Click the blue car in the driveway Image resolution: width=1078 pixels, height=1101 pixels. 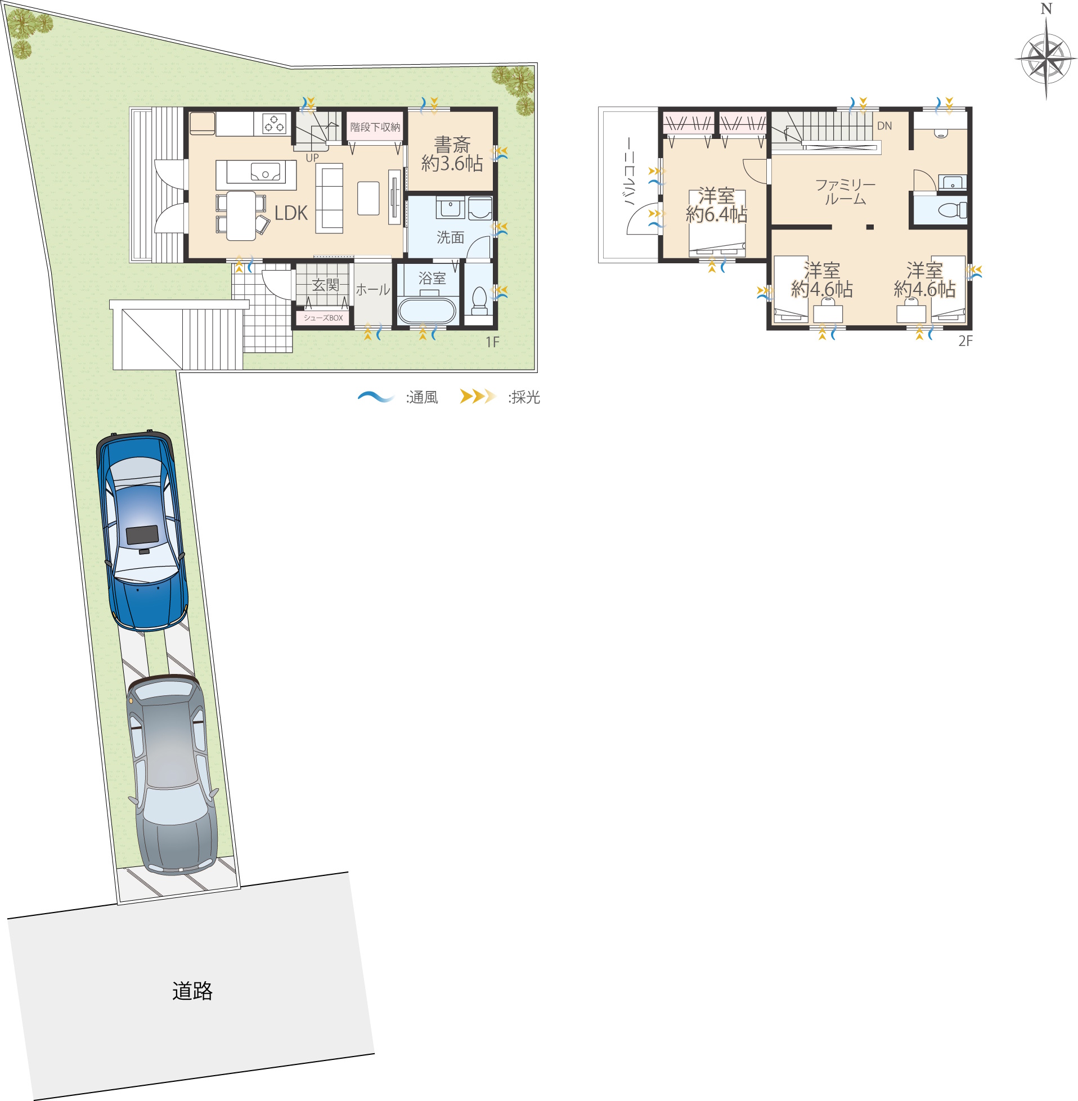click(142, 532)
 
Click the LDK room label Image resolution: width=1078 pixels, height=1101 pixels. click(291, 213)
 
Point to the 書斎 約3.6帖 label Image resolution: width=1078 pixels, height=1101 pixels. click(452, 154)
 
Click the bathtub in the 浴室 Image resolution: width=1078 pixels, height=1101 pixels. click(426, 310)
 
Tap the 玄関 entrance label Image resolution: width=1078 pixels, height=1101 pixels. click(326, 285)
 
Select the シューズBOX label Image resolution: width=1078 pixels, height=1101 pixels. click(324, 318)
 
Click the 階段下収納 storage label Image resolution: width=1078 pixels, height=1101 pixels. click(375, 127)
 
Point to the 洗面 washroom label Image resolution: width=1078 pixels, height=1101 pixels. click(450, 237)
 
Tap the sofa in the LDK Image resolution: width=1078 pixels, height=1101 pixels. click(329, 198)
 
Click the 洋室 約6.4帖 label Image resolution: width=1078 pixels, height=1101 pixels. click(716, 205)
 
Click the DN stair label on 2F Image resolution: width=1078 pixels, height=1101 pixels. click(884, 125)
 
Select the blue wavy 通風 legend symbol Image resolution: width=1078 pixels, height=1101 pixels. click(376, 397)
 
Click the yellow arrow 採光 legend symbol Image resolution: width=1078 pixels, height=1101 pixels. click(478, 397)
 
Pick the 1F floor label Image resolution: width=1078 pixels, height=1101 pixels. click(492, 342)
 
